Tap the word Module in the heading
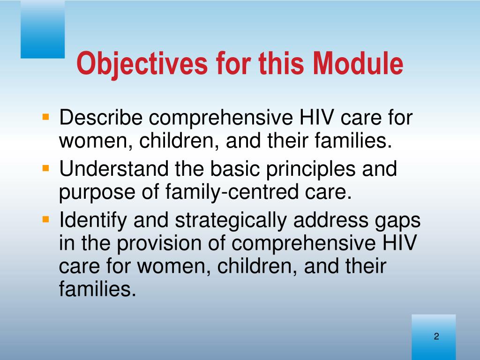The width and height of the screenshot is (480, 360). click(358, 63)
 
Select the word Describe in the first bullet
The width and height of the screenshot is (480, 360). click(101, 117)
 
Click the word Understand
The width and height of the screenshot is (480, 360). click(114, 169)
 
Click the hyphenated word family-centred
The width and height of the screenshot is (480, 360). click(232, 193)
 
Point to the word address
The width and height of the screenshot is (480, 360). click(330, 220)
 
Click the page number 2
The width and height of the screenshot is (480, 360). click(436, 336)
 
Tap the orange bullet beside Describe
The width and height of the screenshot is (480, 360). click(46, 117)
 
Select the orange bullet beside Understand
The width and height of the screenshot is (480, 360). click(46, 168)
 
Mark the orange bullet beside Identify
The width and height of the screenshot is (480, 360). click(46, 219)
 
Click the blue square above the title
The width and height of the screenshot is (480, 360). click(43, 29)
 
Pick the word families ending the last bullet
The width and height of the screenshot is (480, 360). click(97, 288)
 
